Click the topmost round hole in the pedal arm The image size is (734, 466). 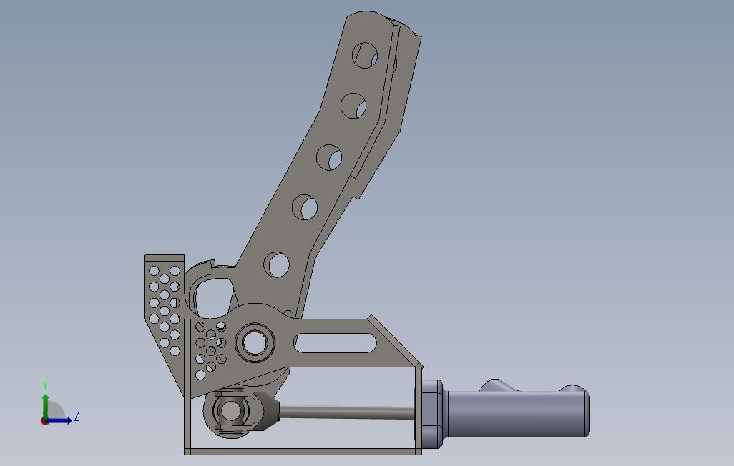tap(365, 55)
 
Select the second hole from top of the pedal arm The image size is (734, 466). tap(353, 106)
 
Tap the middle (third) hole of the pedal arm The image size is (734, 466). tap(329, 157)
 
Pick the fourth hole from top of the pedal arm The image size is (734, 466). tap(305, 207)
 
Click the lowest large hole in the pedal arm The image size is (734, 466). tap(277, 264)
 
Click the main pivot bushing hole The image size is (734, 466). tap(255, 343)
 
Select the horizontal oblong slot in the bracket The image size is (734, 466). tap(336, 343)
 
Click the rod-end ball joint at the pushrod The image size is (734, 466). tap(230, 412)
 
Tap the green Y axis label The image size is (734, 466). tap(45, 386)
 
